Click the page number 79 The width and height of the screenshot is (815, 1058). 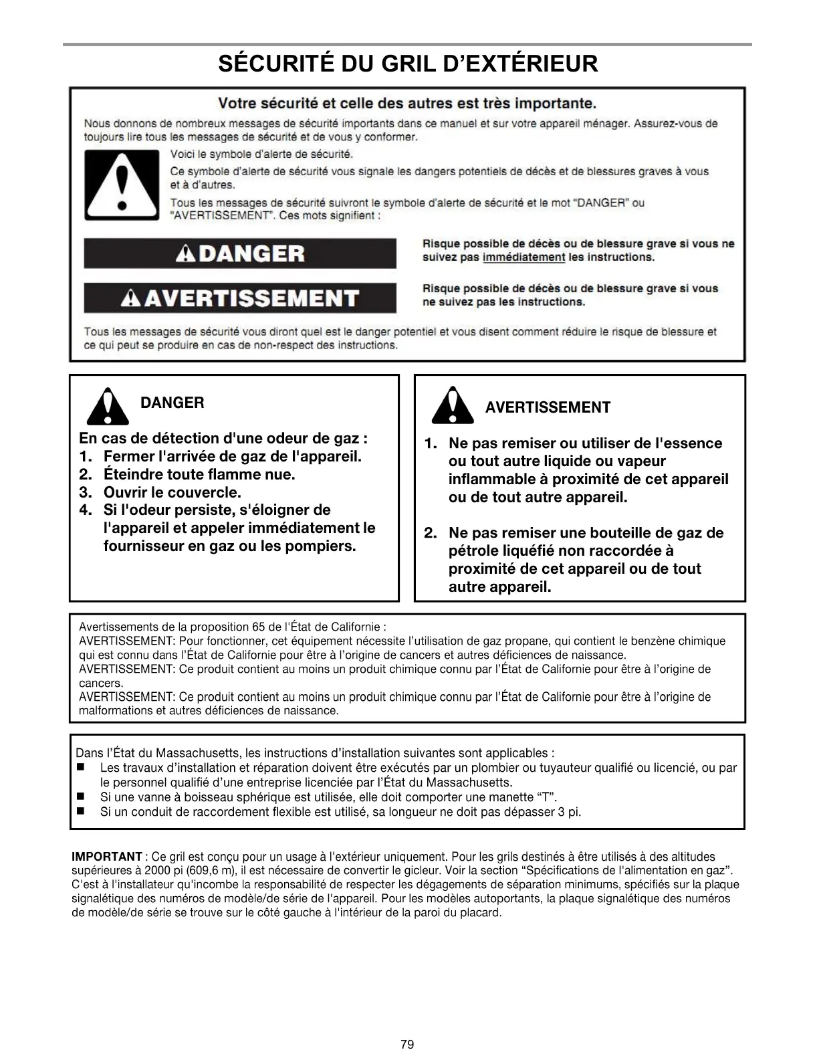coord(407,1044)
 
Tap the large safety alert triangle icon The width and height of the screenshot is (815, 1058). coord(122,185)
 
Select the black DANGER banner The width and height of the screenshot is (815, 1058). coord(240,253)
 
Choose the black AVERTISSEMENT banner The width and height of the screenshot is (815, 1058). coord(240,298)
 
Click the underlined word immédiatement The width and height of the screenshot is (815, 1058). coord(523,257)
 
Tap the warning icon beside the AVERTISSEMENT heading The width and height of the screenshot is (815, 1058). coord(452,405)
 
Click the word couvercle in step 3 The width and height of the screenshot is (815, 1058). coord(201,493)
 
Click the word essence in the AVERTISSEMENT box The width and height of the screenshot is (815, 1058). coord(691,443)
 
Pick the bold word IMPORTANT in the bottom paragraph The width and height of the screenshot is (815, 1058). coord(106,857)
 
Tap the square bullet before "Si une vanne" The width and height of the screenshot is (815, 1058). coord(81,797)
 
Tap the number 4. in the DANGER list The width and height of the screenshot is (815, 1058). coord(85,510)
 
